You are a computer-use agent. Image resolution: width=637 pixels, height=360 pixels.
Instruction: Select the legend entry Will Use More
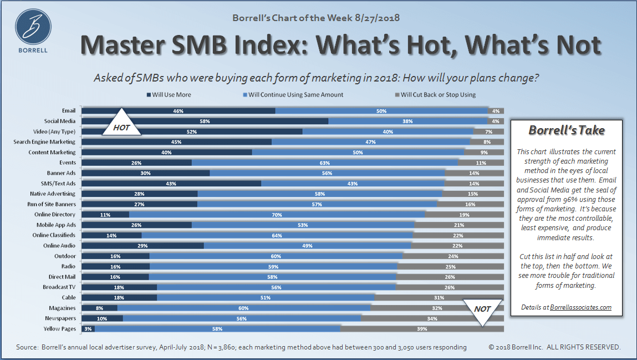pos(169,95)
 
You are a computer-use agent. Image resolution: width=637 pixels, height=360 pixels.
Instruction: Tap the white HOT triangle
pos(121,124)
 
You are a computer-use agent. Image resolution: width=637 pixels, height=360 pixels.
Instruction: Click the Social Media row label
pos(60,121)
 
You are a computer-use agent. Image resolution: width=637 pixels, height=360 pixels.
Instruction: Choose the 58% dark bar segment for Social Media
pos(205,121)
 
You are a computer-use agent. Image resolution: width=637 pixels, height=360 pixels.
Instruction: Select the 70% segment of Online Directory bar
pos(277,215)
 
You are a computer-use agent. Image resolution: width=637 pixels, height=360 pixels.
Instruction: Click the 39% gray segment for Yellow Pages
pos(421,329)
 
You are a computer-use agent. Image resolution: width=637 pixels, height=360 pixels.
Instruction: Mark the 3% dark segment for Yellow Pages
pos(88,329)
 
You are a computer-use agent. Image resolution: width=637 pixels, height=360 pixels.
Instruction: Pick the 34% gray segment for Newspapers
pos(432,319)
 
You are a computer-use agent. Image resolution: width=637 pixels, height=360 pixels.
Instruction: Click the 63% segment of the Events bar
pos(325,163)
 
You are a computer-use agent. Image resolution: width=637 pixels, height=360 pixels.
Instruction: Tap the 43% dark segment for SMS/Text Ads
pos(172,184)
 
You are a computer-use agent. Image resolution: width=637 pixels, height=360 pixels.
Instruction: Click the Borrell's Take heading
pos(566,130)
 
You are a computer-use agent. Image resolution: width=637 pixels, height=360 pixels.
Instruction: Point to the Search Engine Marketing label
pos(44,142)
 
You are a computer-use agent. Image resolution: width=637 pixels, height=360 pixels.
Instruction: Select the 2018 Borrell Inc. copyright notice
pos(554,347)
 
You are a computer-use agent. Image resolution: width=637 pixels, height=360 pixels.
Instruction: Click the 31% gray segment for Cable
pos(439,298)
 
